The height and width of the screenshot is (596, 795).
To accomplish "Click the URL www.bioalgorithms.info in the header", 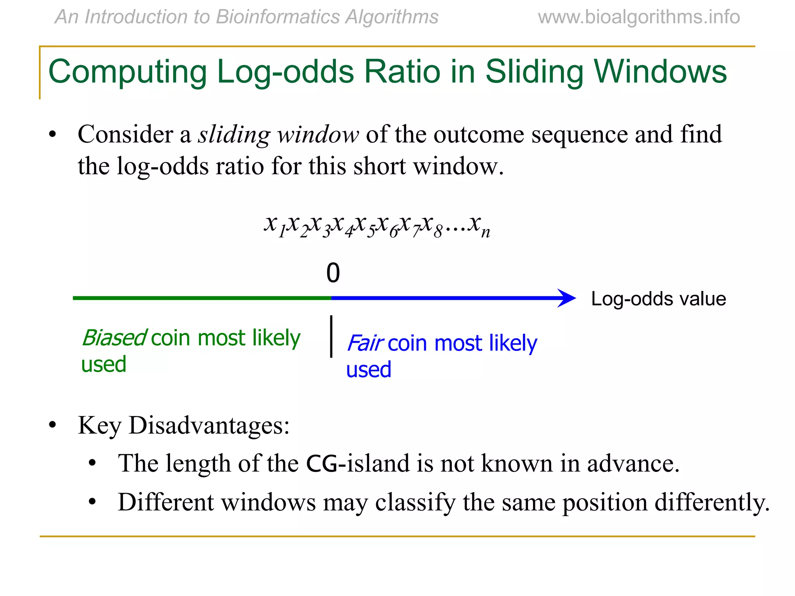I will pyautogui.click(x=639, y=17).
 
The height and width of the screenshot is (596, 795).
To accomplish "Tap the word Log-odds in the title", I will pyautogui.click(x=285, y=72).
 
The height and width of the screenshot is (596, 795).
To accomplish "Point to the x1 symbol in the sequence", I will pyautogui.click(x=274, y=225).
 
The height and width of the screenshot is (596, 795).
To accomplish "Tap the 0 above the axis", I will pyautogui.click(x=333, y=273).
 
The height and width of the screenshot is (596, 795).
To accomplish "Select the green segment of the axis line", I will pyautogui.click(x=202, y=298).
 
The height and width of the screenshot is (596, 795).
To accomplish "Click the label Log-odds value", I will pyautogui.click(x=658, y=299).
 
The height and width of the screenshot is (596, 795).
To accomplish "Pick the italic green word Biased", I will pyautogui.click(x=114, y=338).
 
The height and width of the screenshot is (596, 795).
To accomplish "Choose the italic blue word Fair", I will pyautogui.click(x=365, y=343).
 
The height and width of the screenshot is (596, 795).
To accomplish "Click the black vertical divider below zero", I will pyautogui.click(x=331, y=336).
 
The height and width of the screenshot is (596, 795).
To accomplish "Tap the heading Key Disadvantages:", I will pyautogui.click(x=184, y=425).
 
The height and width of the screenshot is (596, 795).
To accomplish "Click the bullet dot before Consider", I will pyautogui.click(x=52, y=135).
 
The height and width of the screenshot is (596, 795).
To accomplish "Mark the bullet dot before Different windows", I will pyautogui.click(x=92, y=502).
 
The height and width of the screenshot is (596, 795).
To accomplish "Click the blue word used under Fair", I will pyautogui.click(x=368, y=369).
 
